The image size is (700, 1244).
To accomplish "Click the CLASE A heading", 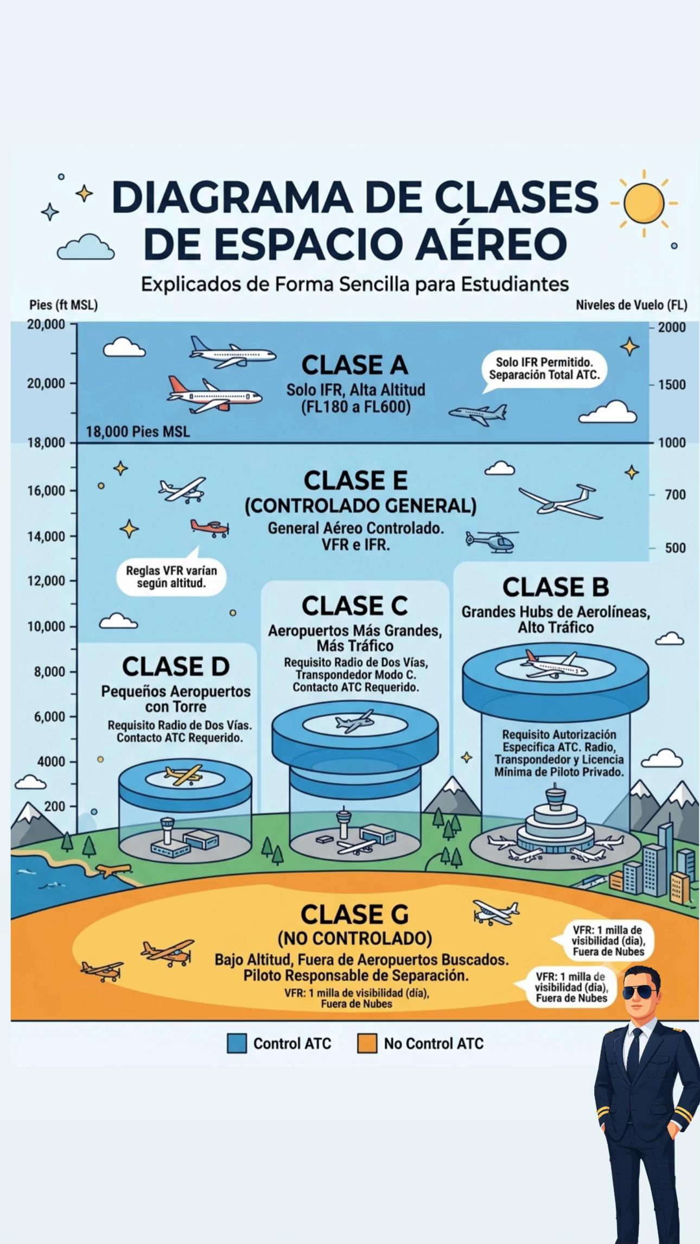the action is [x=354, y=365].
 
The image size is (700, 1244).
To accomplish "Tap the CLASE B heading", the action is [x=556, y=587].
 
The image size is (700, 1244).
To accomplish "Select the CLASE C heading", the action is [x=355, y=606].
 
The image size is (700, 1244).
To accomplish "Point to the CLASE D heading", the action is [x=176, y=667].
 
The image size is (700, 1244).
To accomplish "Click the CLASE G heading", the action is [x=355, y=915].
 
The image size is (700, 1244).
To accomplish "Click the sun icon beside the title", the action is [x=644, y=204].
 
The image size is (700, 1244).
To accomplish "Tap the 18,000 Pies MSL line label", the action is [x=138, y=432].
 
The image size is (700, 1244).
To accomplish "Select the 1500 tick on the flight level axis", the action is [x=672, y=385].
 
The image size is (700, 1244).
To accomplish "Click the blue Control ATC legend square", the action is [x=237, y=1043].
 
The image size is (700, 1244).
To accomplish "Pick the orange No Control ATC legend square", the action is [x=367, y=1043].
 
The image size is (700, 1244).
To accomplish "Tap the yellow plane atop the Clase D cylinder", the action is [x=183, y=775].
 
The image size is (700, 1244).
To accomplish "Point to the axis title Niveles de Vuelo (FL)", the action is [x=631, y=305].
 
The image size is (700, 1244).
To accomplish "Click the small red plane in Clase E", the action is [x=209, y=528].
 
